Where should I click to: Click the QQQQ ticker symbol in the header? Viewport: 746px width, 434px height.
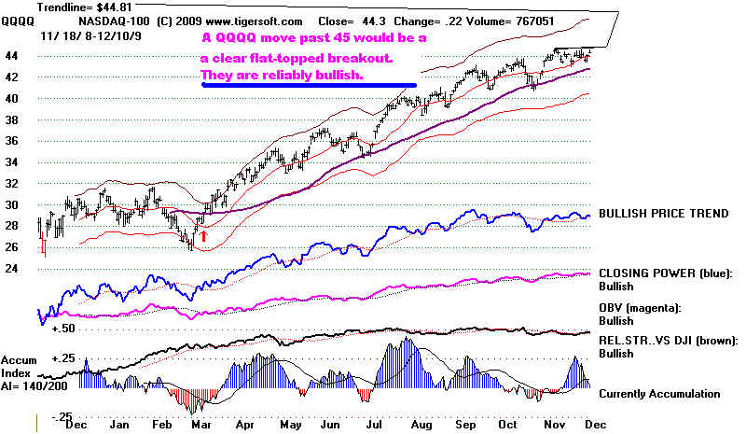tap(15, 20)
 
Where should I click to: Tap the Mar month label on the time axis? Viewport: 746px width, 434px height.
tap(199, 423)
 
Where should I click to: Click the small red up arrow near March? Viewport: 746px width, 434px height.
tap(203, 237)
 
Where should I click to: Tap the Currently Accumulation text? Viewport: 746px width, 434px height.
tap(660, 394)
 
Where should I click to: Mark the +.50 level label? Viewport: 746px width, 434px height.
tap(63, 329)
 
